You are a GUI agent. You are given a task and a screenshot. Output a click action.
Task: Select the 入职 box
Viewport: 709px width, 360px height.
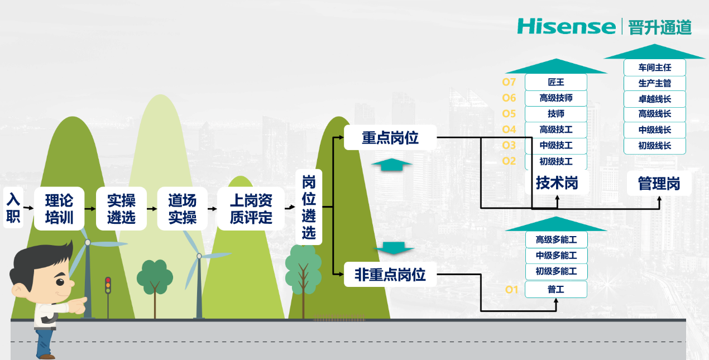click(x=13, y=208)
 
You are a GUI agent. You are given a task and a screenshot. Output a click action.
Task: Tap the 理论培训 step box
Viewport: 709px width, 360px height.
click(x=59, y=208)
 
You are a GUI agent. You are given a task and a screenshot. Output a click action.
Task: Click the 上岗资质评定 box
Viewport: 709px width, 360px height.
click(x=251, y=208)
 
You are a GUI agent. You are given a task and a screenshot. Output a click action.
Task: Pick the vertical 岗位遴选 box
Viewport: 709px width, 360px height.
click(x=309, y=207)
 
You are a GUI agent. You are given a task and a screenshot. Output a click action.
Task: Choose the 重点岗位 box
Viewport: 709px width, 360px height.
click(x=390, y=137)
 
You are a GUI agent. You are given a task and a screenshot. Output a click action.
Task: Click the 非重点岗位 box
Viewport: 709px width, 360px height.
click(x=390, y=275)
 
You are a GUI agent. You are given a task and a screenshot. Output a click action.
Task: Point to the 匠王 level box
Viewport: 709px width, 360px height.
click(x=555, y=82)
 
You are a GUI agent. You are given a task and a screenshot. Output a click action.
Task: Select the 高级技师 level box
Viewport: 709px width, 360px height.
click(x=555, y=98)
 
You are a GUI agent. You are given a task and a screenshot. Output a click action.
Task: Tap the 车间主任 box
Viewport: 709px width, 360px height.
click(x=654, y=68)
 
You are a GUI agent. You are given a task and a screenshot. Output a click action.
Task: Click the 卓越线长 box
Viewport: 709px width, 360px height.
click(x=654, y=99)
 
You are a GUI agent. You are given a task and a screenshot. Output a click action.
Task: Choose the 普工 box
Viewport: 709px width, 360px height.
click(x=555, y=289)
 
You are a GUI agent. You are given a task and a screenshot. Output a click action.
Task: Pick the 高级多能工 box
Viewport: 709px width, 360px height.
click(x=555, y=239)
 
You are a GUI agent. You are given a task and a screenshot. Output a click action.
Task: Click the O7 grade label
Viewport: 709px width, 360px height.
click(x=509, y=83)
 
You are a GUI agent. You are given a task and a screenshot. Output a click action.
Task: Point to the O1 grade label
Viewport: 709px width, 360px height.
click(x=512, y=290)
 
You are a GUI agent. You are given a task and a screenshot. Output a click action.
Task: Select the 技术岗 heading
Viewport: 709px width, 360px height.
click(x=556, y=183)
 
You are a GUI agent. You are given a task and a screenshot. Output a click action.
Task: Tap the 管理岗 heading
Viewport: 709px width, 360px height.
click(x=659, y=184)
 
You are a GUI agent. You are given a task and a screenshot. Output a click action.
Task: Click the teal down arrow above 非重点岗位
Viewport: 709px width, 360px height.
click(x=394, y=248)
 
